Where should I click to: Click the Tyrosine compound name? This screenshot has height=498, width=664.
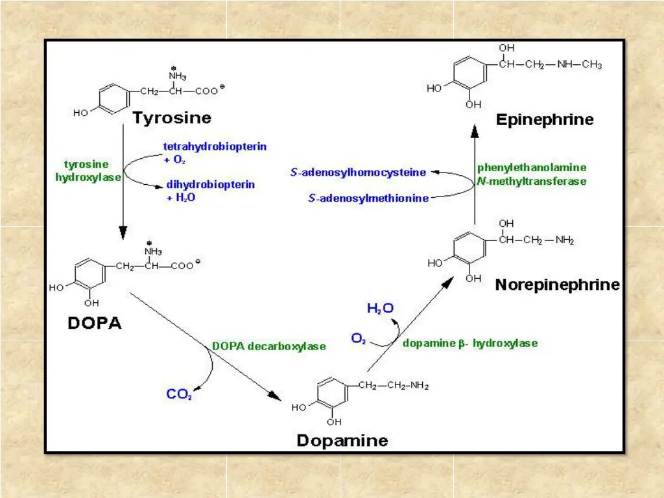pyautogui.click(x=172, y=117)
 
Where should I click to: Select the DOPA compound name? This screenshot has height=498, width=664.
pyautogui.click(x=95, y=322)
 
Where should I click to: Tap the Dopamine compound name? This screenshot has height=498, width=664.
pyautogui.click(x=342, y=441)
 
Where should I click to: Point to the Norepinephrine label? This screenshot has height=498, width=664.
pyautogui.click(x=557, y=285)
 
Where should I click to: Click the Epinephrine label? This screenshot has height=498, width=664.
pyautogui.click(x=545, y=119)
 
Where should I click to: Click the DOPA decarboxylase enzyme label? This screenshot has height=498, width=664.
pyautogui.click(x=269, y=346)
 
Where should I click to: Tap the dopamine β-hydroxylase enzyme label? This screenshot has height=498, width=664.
pyautogui.click(x=469, y=343)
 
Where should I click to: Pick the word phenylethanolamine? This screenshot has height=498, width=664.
pyautogui.click(x=532, y=167)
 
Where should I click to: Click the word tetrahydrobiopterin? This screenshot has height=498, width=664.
pyautogui.click(x=215, y=147)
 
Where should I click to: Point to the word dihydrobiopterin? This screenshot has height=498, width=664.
pyautogui.click(x=211, y=185)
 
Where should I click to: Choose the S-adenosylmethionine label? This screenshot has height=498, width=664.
pyautogui.click(x=368, y=198)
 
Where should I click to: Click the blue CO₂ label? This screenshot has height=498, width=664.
pyautogui.click(x=179, y=394)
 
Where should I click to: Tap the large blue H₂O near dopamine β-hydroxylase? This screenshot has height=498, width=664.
pyautogui.click(x=380, y=309)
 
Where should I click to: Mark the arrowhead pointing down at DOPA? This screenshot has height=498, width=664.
pyautogui.click(x=122, y=233)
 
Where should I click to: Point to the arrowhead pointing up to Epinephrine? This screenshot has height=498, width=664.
pyautogui.click(x=475, y=132)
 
